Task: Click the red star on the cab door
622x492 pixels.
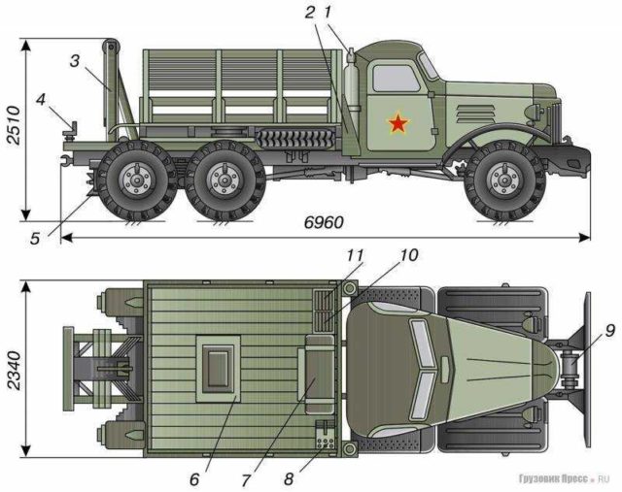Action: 397,123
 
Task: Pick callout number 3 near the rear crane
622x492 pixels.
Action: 74,60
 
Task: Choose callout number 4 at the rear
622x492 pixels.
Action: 41,99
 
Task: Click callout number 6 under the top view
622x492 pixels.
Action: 193,478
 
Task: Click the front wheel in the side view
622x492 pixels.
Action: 502,180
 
